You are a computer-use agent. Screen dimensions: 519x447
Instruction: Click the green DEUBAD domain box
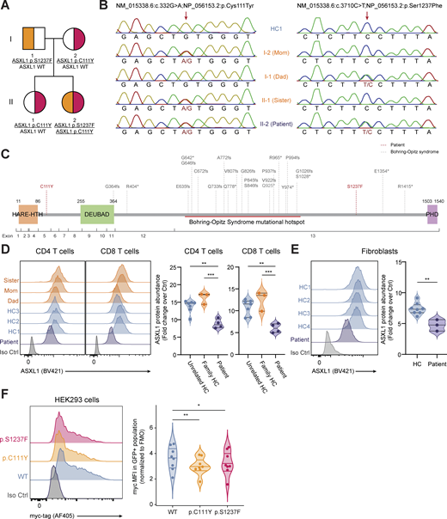tap(97, 219)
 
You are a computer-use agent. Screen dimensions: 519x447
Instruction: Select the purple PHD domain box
tap(432, 219)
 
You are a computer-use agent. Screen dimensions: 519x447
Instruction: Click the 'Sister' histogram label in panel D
tap(14, 280)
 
